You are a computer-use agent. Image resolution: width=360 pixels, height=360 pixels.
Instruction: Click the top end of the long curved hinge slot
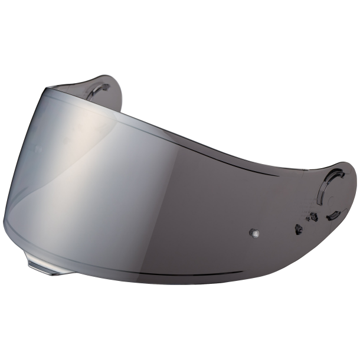[341, 171]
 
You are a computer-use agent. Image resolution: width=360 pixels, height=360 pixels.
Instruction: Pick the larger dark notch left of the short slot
[314, 216]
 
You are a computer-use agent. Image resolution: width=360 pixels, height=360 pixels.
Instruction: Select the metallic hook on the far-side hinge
[97, 90]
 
